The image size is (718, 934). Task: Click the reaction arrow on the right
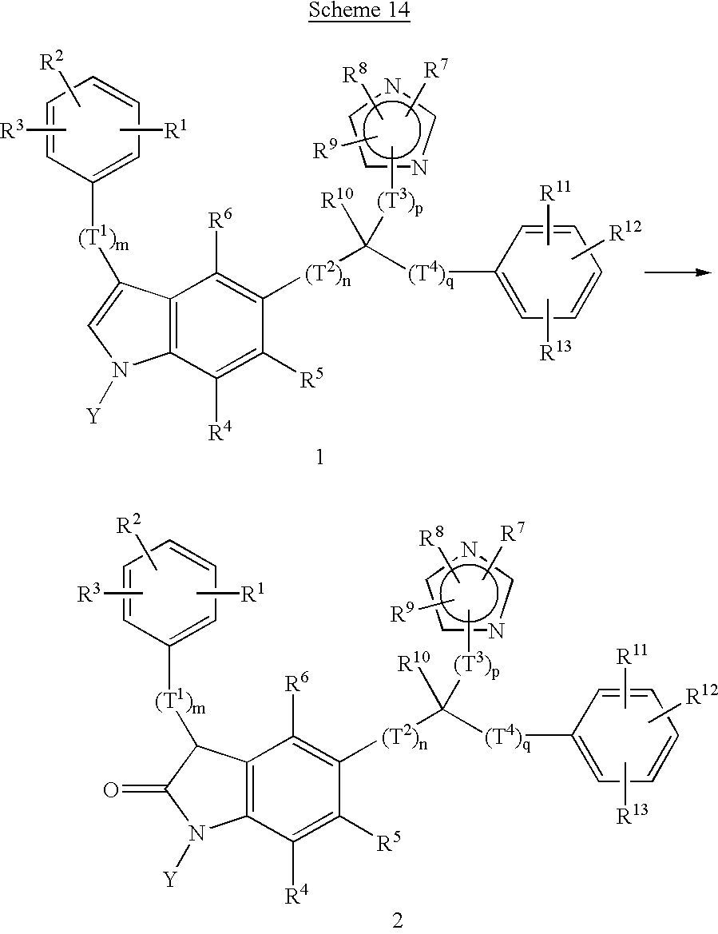click(x=677, y=272)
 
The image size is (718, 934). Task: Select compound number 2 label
click(x=399, y=920)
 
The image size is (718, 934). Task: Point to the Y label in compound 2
click(x=172, y=879)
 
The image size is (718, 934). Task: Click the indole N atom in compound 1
click(x=120, y=369)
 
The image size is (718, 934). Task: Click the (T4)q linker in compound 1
click(x=432, y=276)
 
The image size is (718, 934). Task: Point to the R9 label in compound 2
click(x=403, y=614)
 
